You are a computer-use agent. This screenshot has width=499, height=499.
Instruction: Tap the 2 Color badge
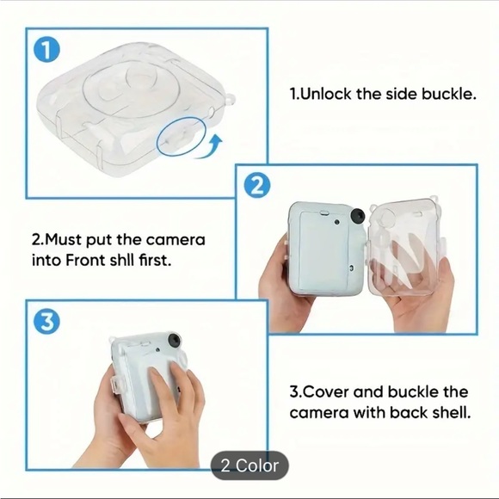pyautogui.click(x=249, y=465)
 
